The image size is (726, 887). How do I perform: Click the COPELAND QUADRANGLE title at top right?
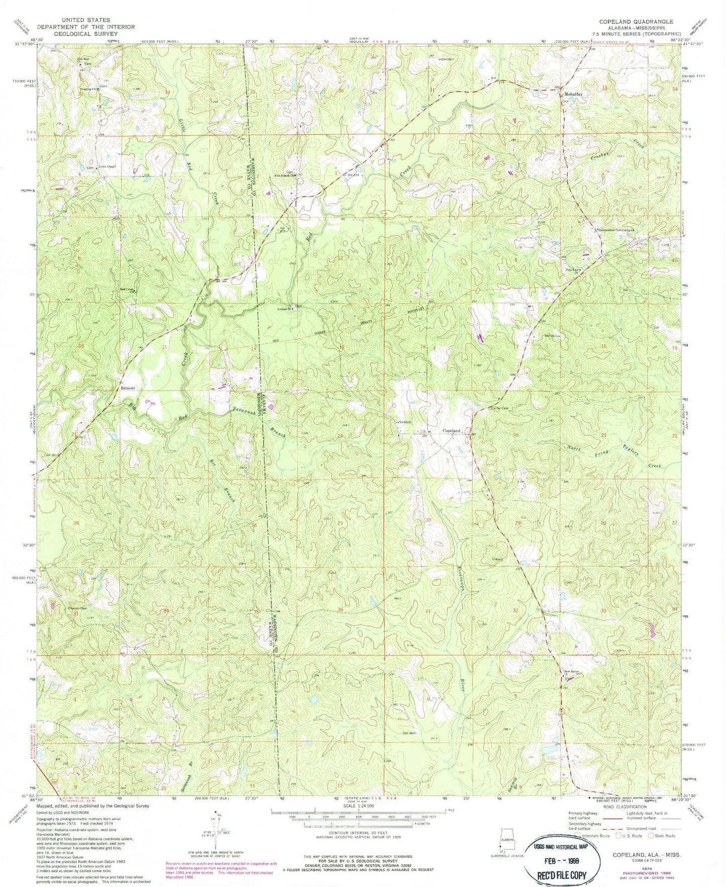(x=636, y=22)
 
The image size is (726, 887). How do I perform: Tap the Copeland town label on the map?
(x=452, y=431)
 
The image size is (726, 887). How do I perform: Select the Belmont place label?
(x=128, y=388)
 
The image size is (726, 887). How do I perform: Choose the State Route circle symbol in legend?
(x=651, y=836)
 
